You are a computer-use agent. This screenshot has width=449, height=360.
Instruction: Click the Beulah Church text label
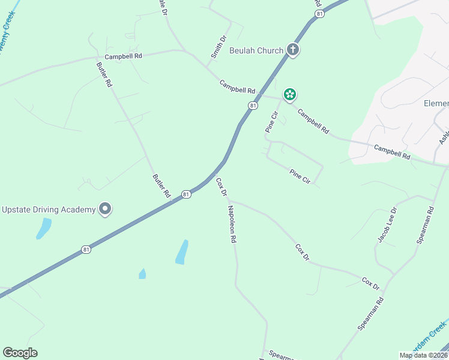click(x=256, y=50)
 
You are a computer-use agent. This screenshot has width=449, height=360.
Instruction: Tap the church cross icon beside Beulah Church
click(x=292, y=50)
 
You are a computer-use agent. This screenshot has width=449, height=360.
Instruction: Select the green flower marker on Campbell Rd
click(x=290, y=94)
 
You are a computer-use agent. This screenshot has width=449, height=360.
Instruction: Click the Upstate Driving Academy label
click(x=49, y=209)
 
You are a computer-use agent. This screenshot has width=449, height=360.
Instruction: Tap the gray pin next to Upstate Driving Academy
click(x=106, y=209)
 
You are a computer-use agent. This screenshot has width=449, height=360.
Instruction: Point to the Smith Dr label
click(x=218, y=47)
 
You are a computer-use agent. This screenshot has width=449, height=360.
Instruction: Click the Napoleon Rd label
click(x=232, y=224)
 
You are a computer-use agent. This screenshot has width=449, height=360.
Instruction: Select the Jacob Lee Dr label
click(x=387, y=225)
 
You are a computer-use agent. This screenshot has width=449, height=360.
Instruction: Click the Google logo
click(x=20, y=353)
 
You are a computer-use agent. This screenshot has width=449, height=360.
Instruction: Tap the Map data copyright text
click(x=424, y=355)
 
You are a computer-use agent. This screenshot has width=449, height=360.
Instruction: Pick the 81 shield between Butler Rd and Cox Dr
click(x=187, y=194)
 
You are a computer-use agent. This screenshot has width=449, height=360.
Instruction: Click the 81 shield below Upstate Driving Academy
click(x=86, y=249)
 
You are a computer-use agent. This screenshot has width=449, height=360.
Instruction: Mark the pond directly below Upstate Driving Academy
click(x=43, y=229)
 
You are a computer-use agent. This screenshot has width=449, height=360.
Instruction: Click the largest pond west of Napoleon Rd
click(x=181, y=252)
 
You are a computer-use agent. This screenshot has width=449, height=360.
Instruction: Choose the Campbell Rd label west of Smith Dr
click(x=123, y=56)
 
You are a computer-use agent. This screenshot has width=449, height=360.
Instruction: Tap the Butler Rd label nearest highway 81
click(x=162, y=186)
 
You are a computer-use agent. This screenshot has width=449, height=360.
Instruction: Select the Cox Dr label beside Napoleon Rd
click(x=221, y=187)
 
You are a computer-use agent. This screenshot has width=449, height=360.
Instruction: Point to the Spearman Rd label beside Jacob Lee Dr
click(x=425, y=225)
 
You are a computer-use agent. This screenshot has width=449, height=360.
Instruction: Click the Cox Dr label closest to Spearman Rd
click(x=371, y=283)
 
